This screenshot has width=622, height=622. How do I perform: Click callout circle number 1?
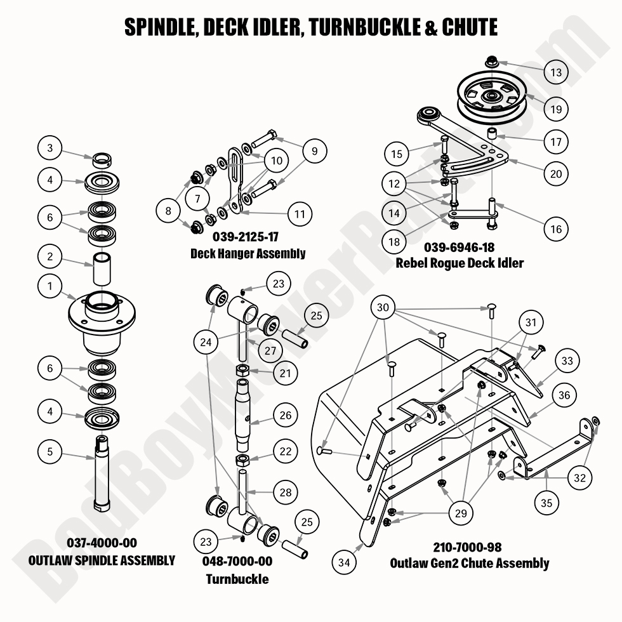point(50,286)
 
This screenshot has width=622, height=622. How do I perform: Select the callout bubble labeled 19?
point(556,109)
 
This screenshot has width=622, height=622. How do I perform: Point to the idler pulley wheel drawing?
point(489,97)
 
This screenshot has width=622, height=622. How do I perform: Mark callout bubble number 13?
point(556,72)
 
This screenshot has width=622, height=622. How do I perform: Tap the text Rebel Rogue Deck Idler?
point(460,263)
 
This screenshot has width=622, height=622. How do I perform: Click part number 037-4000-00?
point(102,543)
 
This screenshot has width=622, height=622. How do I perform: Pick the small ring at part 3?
point(102,157)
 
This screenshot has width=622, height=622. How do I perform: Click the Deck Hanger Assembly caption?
point(248,253)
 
